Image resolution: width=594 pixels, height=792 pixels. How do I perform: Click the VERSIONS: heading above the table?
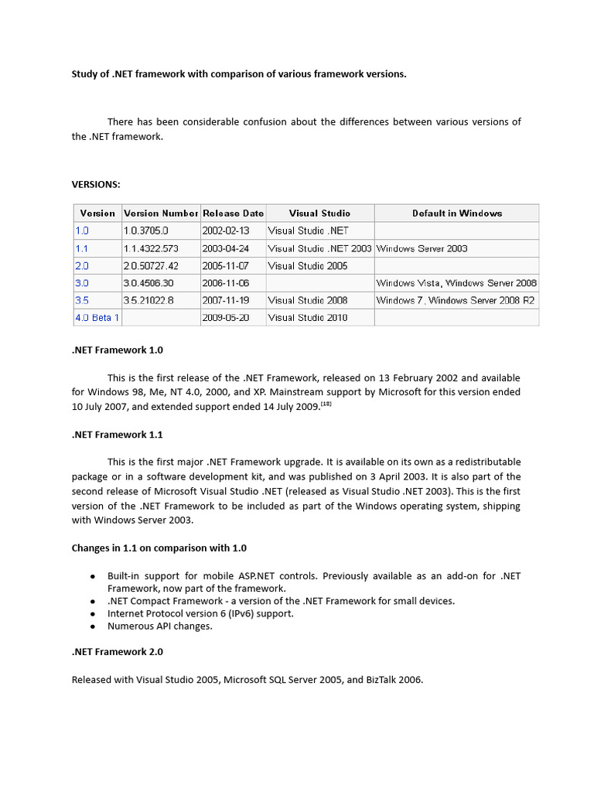(x=96, y=184)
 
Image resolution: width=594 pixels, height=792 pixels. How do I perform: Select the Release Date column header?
(x=233, y=213)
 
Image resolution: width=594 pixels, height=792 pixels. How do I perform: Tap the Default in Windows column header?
(x=456, y=213)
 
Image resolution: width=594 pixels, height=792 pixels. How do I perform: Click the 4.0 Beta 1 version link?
(x=97, y=318)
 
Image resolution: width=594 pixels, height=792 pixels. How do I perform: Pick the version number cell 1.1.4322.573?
(x=151, y=249)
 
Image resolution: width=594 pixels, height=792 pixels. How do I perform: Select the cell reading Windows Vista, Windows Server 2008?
(x=456, y=283)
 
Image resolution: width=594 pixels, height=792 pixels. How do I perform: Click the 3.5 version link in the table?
(x=82, y=300)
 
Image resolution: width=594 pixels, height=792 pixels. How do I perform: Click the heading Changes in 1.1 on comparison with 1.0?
(x=159, y=548)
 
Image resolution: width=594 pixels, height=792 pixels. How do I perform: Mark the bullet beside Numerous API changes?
(x=93, y=626)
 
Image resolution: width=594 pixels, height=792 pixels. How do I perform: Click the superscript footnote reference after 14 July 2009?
(x=326, y=403)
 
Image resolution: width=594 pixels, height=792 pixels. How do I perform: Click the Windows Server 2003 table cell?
(x=422, y=249)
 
